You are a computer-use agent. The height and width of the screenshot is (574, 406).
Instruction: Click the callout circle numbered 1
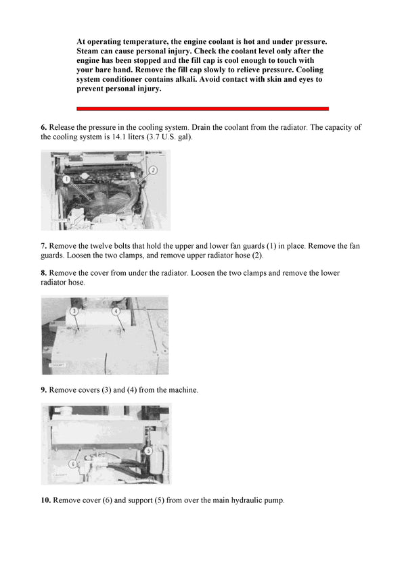tap(67, 180)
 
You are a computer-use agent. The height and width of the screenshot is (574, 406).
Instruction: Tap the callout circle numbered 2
tap(153, 170)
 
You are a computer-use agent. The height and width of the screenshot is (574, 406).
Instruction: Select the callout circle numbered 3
tap(74, 311)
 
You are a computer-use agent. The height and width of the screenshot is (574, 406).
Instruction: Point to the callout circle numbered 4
tap(116, 311)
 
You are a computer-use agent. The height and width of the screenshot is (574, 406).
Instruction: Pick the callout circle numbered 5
tap(148, 450)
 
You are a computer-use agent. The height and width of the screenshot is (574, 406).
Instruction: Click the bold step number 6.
tap(44, 127)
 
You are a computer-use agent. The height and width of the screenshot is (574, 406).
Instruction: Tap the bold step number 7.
tap(44, 246)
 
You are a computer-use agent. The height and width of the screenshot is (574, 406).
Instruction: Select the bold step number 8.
tap(44, 273)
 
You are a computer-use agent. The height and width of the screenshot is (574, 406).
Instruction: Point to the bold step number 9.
tap(44, 390)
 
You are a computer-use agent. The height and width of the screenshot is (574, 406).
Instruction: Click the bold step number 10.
tap(46, 501)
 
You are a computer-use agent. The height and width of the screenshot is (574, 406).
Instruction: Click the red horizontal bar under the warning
tap(202, 108)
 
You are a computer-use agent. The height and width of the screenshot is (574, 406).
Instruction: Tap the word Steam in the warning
tap(90, 51)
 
